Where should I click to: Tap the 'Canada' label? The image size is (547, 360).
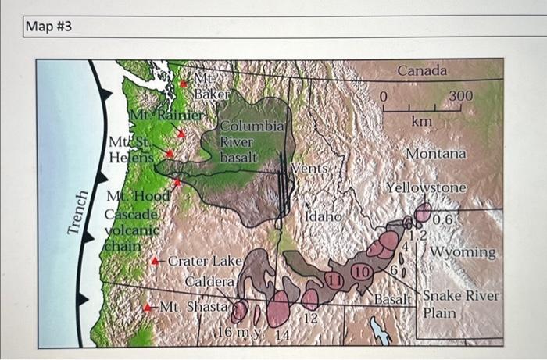pyautogui.click(x=422, y=71)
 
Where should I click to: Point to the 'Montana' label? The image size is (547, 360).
pyautogui.click(x=435, y=154)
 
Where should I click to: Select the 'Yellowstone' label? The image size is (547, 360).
pyautogui.click(x=426, y=188)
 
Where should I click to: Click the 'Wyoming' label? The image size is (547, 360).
pyautogui.click(x=463, y=252)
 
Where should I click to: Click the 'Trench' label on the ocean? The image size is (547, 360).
pyautogui.click(x=76, y=212)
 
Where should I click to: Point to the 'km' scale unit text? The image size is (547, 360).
pyautogui.click(x=421, y=122)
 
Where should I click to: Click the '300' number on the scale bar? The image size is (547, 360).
pyautogui.click(x=460, y=95)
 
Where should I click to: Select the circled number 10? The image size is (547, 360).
pyautogui.click(x=361, y=272)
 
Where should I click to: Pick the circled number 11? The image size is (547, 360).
pyautogui.click(x=335, y=280)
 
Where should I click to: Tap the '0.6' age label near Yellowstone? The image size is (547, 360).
pyautogui.click(x=442, y=219)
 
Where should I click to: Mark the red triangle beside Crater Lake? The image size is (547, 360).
pyautogui.click(x=156, y=261)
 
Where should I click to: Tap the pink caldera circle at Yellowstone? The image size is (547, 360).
pyautogui.click(x=423, y=212)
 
